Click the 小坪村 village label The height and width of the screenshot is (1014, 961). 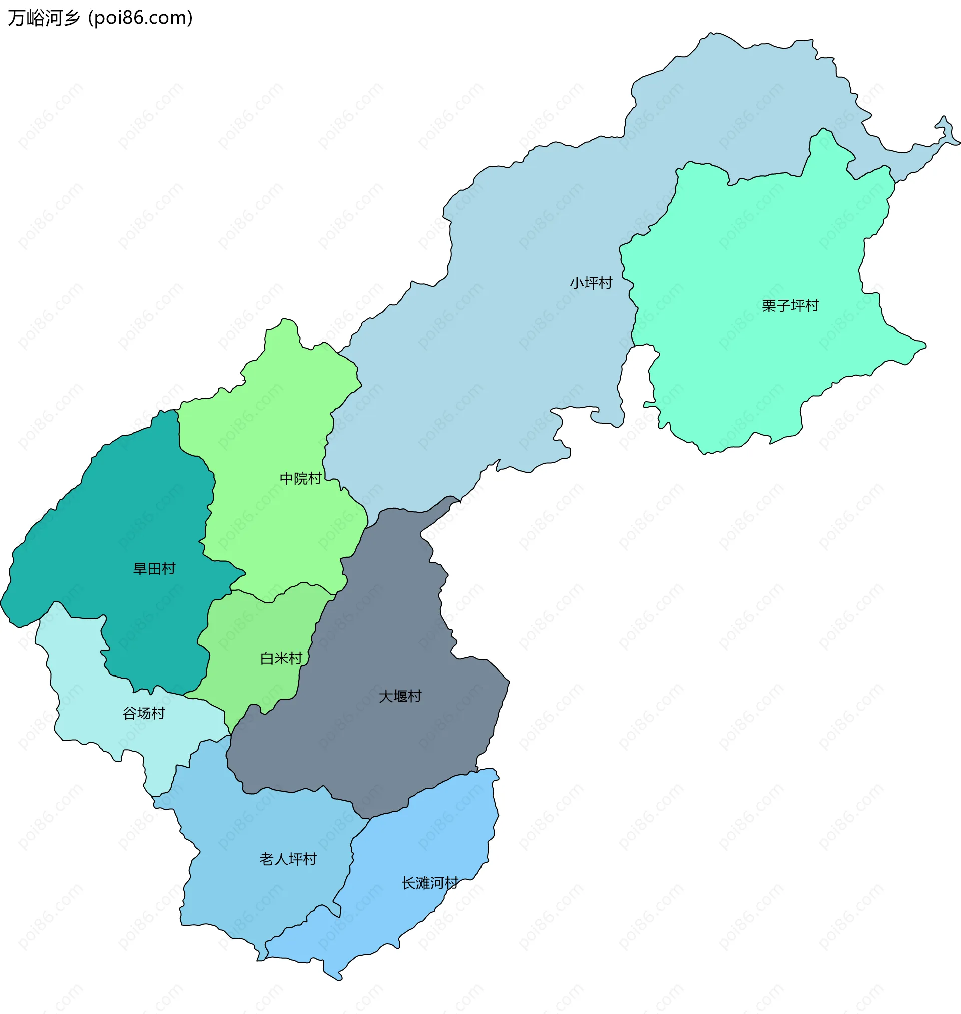(591, 283)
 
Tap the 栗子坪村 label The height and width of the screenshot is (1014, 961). (790, 306)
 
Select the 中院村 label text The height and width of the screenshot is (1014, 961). (301, 479)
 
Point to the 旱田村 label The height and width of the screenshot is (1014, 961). (154, 569)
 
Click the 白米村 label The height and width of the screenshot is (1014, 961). (281, 658)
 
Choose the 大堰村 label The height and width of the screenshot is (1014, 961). (400, 696)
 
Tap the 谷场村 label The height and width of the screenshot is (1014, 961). (144, 713)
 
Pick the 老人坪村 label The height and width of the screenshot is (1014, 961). (288, 859)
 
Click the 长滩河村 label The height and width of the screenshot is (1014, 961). (430, 883)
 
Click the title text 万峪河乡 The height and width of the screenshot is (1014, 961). (44, 18)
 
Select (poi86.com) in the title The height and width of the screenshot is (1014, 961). (140, 18)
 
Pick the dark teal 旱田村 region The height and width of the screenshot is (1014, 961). (128, 512)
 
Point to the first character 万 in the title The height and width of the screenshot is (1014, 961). (17, 18)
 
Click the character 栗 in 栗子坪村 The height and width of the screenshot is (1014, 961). (769, 306)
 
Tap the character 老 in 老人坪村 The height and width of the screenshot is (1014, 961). (267, 859)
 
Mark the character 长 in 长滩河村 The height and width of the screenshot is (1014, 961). (409, 883)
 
